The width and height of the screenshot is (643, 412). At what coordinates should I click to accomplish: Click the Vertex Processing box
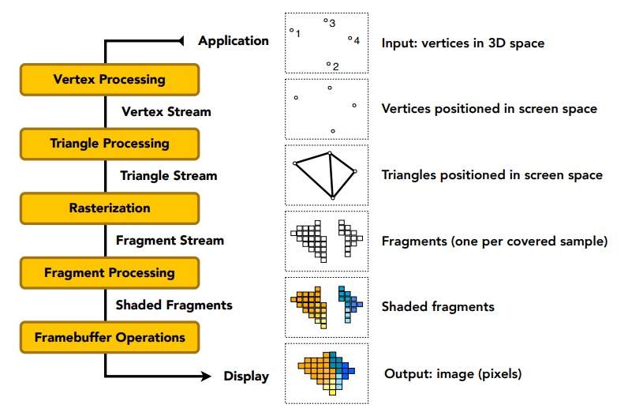(x=110, y=80)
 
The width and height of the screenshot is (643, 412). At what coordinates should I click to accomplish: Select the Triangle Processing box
(x=110, y=144)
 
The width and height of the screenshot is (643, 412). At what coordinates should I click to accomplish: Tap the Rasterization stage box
(x=110, y=208)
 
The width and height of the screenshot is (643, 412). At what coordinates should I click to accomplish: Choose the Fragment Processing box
(x=110, y=273)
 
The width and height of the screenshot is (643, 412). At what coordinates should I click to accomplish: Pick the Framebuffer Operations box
(x=110, y=337)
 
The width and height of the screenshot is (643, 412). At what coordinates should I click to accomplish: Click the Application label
(x=234, y=41)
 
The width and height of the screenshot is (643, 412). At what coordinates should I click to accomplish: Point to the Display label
(x=246, y=376)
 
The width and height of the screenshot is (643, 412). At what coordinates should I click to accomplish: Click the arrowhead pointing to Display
(x=206, y=376)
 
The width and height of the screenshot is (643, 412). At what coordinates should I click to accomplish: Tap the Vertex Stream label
(x=166, y=111)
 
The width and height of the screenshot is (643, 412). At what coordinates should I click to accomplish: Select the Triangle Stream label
(x=169, y=176)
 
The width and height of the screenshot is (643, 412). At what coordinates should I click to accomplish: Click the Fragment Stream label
(x=170, y=241)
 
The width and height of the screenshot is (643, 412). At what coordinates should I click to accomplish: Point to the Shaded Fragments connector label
(x=174, y=305)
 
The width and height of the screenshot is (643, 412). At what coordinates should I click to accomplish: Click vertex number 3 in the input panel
(x=326, y=20)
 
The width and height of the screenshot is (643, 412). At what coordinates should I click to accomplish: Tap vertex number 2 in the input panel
(x=328, y=64)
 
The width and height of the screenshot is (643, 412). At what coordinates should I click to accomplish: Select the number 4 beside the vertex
(x=357, y=40)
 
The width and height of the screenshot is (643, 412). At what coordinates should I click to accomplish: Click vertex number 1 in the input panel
(x=292, y=30)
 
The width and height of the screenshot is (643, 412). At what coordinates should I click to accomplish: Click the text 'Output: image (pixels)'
(x=453, y=374)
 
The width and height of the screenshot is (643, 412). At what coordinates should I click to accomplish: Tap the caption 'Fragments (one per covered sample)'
(x=495, y=242)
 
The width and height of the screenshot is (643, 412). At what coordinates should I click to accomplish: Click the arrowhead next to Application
(x=181, y=40)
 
